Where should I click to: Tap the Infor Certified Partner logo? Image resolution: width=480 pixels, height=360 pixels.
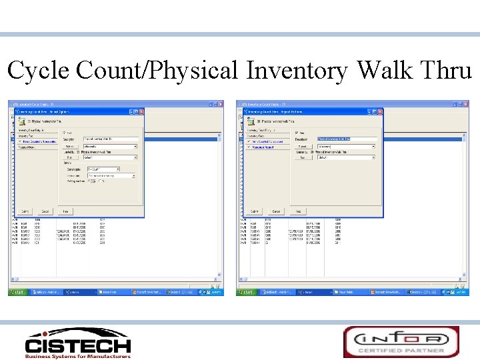pyautogui.click(x=401, y=341)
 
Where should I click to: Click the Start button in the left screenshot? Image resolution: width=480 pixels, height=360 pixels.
pyautogui.click(x=18, y=292)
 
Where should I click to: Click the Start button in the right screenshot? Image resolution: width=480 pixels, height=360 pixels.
pyautogui.click(x=247, y=292)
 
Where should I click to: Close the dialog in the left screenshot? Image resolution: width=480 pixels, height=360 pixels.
pyautogui.click(x=141, y=112)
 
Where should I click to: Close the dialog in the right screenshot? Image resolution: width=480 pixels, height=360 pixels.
pyautogui.click(x=380, y=112)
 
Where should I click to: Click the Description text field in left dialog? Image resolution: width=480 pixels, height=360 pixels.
pyautogui.click(x=111, y=139)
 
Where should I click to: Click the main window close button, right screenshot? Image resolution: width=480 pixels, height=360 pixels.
pyautogui.click(x=465, y=105)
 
